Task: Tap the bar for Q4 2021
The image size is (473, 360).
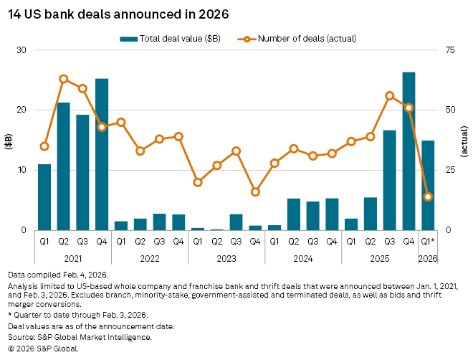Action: [102, 154]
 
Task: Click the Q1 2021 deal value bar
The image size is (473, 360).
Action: [44, 197]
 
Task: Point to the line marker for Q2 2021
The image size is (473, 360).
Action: [64, 79]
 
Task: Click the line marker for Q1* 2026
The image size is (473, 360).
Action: [428, 196]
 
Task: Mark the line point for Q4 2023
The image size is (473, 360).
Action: [255, 191]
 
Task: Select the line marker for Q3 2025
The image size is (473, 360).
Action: [390, 95]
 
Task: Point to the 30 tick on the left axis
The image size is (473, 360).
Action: [21, 50]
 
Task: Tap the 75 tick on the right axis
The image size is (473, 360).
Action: [449, 50]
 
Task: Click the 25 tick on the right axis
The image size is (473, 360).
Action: [449, 170]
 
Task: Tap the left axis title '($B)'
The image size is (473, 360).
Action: [9, 140]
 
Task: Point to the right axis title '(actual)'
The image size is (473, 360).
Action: [464, 140]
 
